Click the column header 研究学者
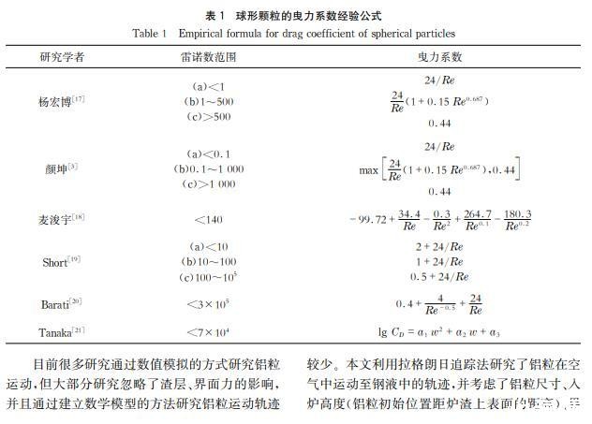pos(63,57)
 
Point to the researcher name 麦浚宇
pos(60,219)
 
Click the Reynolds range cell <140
pos(206,219)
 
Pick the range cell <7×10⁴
pos(206,332)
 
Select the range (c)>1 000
pos(205,184)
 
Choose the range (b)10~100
pos(205,262)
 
